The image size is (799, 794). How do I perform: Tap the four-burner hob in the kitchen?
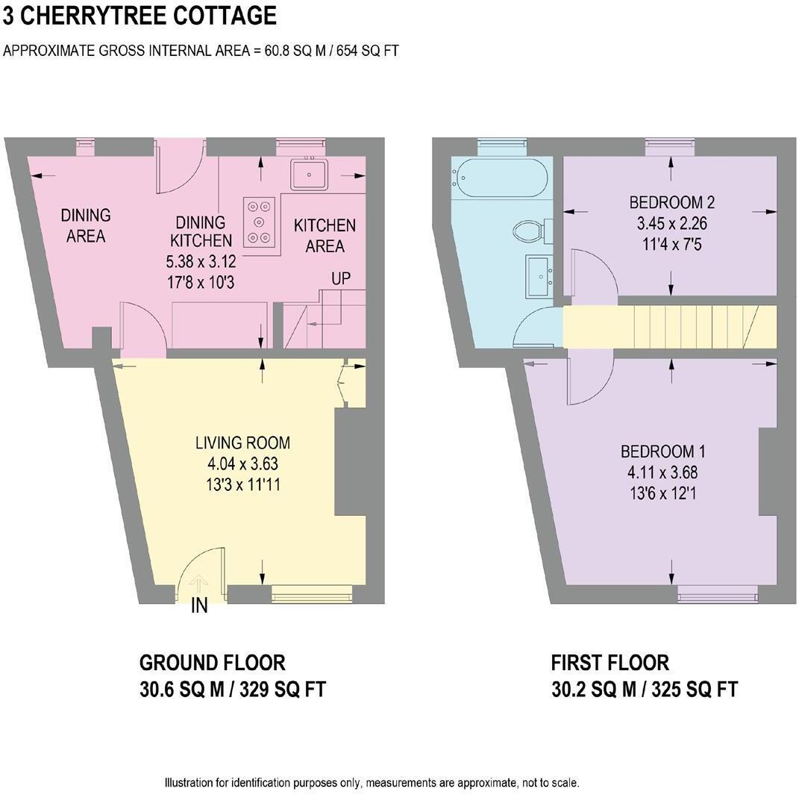[259, 222]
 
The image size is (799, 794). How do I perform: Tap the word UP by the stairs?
[342, 279]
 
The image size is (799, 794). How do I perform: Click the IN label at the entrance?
[199, 606]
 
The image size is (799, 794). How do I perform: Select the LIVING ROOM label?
[242, 443]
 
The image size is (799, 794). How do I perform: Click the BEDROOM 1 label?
[663, 451]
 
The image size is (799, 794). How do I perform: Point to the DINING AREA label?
[85, 225]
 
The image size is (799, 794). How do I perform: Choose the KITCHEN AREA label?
[325, 235]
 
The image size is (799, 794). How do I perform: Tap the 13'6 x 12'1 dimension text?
[663, 493]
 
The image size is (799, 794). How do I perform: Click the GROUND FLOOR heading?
[213, 663]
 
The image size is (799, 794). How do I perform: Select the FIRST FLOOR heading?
[610, 663]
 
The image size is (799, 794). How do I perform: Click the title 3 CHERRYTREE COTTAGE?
[140, 16]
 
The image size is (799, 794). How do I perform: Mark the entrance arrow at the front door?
[199, 584]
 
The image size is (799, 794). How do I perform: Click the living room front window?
[311, 594]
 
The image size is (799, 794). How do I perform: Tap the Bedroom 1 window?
[718, 594]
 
